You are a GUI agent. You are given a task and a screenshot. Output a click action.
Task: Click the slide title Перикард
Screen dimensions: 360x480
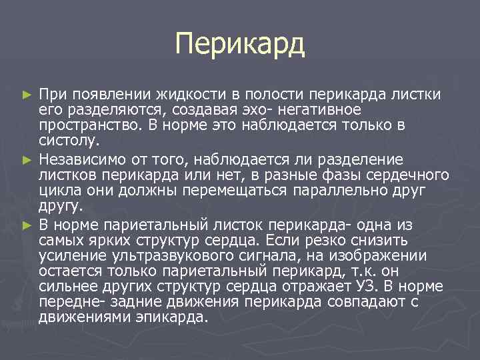tap(240, 45)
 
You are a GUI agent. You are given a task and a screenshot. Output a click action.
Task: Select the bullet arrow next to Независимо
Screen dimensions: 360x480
tap(27, 160)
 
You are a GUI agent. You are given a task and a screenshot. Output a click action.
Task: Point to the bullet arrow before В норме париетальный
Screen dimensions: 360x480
tap(27, 224)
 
